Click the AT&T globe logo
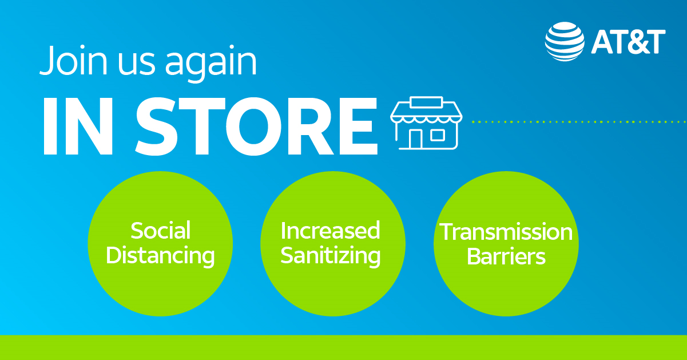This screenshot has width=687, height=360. tap(565, 41)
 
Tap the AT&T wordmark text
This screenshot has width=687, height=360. tap(629, 42)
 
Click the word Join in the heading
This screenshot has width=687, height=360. tap(74, 60)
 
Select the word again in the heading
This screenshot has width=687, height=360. tap(211, 64)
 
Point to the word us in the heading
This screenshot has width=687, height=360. tap(137, 64)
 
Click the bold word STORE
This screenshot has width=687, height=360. tap(256, 126)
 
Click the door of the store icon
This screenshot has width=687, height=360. tap(415, 139)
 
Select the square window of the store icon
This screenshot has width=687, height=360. tap(438, 135)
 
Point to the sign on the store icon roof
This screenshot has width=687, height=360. tap(426, 102)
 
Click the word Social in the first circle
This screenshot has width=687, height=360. tap(160, 230)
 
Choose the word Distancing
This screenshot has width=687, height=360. tap(160, 256)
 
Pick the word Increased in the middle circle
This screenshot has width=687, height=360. tap(330, 230)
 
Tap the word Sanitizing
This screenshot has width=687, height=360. tap(331, 256)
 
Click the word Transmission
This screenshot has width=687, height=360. tap(506, 232)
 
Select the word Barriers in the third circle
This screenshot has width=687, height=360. tap(506, 256)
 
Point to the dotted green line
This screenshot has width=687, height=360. tap(579, 122)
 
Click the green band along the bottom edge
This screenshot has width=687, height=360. tap(343, 347)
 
